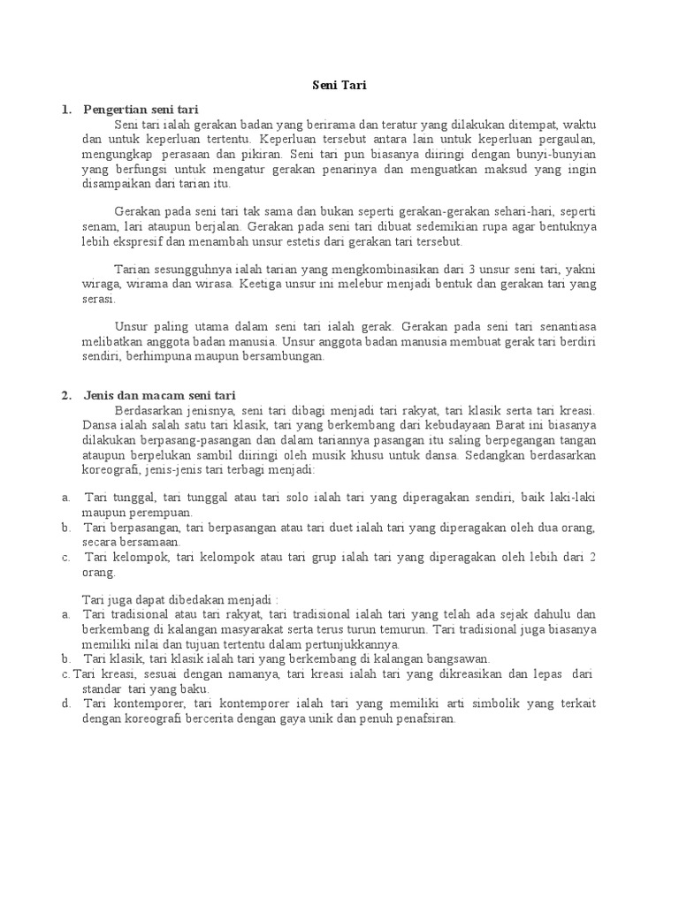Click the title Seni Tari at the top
click(339, 86)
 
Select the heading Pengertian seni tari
click(141, 110)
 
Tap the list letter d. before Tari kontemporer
click(66, 703)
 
